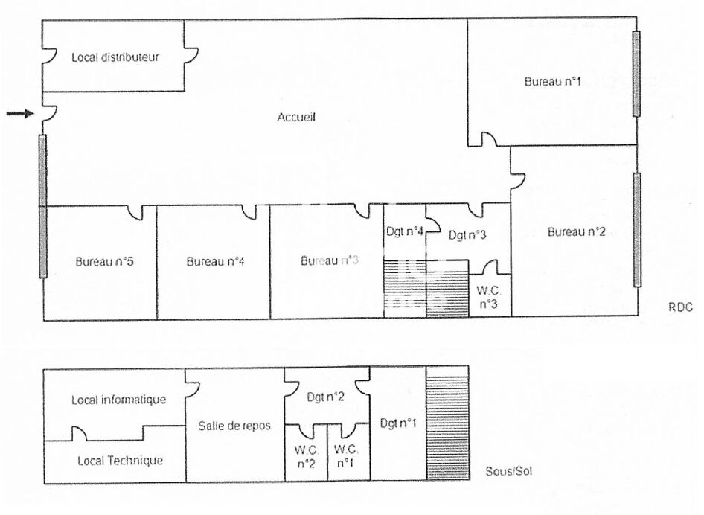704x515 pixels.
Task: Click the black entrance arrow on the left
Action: click(x=20, y=113)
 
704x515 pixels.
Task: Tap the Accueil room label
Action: click(x=297, y=117)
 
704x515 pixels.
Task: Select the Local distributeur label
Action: click(x=115, y=57)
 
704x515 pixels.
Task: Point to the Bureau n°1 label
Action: click(x=552, y=81)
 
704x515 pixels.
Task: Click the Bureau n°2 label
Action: click(x=576, y=232)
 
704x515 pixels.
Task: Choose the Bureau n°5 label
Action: click(x=104, y=262)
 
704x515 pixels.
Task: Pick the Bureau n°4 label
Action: click(x=216, y=262)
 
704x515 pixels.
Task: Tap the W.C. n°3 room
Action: click(x=488, y=297)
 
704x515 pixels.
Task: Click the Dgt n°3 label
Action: click(x=467, y=236)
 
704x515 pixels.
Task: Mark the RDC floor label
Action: click(x=680, y=307)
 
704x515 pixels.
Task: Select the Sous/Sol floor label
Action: click(x=509, y=471)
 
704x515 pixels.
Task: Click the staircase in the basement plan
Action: click(x=447, y=424)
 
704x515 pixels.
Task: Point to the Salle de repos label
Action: click(x=234, y=426)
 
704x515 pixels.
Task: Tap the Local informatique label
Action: click(x=118, y=400)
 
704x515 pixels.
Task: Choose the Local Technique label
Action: click(x=120, y=461)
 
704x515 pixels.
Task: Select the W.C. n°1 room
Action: click(x=347, y=455)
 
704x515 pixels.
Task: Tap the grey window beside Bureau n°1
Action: click(x=636, y=73)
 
